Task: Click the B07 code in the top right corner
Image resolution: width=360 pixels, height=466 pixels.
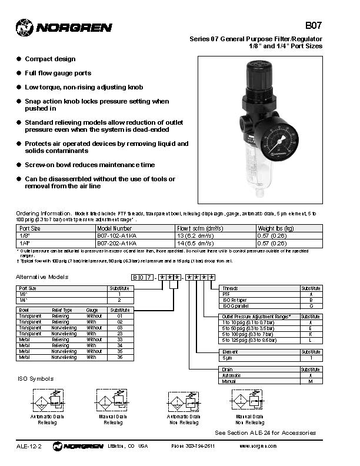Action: [x=314, y=26]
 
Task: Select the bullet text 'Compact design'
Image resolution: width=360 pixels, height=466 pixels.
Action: [x=50, y=59]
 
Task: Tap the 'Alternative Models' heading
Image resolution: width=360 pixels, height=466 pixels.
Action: [x=42, y=277]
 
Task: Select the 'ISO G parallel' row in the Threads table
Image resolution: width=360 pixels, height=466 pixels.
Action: [x=238, y=306]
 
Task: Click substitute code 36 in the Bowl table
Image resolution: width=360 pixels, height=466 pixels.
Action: [x=119, y=357]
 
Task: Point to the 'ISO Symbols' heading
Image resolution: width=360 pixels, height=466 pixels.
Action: [x=35, y=378]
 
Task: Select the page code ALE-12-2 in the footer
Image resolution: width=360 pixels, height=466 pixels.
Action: [x=29, y=446]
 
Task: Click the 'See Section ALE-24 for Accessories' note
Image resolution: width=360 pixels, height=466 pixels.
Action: [x=265, y=432]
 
